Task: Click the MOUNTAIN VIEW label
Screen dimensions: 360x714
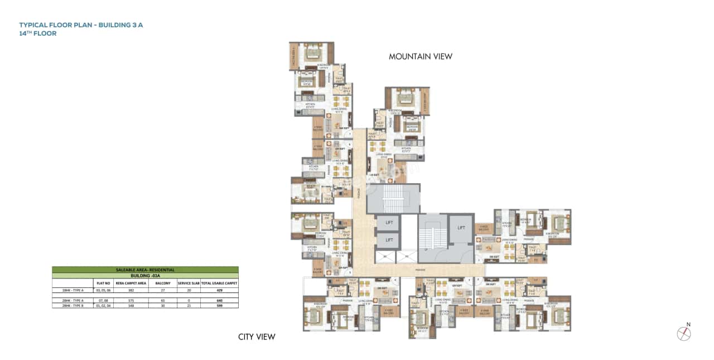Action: (420, 56)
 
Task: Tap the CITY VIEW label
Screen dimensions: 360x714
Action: (257, 337)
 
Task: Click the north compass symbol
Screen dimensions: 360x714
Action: (684, 333)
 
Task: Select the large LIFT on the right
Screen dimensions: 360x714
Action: (461, 228)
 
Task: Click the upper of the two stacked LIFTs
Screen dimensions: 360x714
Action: (389, 223)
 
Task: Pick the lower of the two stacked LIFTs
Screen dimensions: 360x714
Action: (389, 240)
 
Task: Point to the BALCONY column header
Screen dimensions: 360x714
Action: (163, 284)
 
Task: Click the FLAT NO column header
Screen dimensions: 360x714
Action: (104, 284)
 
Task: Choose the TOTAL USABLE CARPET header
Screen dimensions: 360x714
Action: (219, 284)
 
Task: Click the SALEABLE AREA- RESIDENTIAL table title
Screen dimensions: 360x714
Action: (145, 270)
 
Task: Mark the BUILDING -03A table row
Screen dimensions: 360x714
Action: (145, 276)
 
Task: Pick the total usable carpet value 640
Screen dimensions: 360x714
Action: (219, 300)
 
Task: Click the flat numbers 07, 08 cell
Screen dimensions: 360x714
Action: (104, 300)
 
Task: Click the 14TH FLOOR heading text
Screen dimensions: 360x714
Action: (38, 33)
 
